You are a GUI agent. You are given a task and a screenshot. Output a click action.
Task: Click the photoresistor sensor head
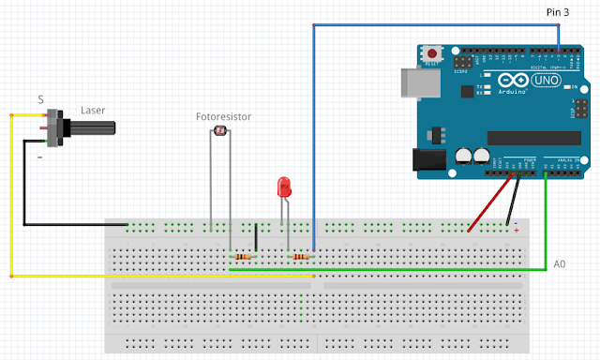[221, 132]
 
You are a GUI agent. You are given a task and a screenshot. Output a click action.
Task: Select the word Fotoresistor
[223, 117]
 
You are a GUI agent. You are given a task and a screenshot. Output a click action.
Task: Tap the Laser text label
[93, 110]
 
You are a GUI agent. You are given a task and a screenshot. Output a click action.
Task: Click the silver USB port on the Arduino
[412, 82]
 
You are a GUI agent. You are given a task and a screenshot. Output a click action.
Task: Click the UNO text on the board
[545, 82]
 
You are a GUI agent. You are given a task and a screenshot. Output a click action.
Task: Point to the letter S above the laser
[40, 99]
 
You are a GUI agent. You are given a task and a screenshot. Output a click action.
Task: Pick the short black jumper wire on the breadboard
[256, 238]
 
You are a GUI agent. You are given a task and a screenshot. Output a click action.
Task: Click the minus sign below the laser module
[39, 157]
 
